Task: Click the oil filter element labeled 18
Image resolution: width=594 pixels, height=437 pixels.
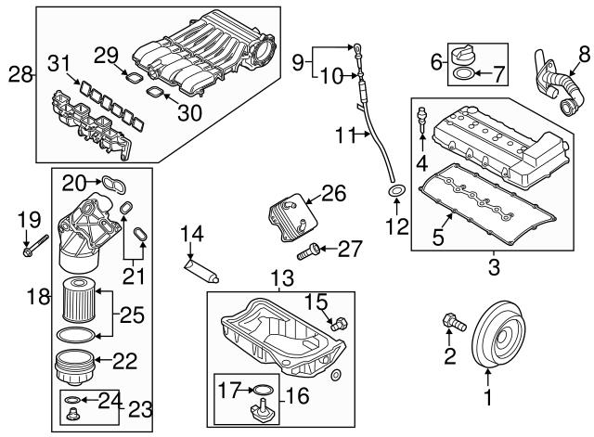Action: [x=79, y=297]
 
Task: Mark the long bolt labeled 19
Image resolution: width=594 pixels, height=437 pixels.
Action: [x=32, y=248]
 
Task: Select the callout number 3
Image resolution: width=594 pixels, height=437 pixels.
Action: [x=493, y=269]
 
